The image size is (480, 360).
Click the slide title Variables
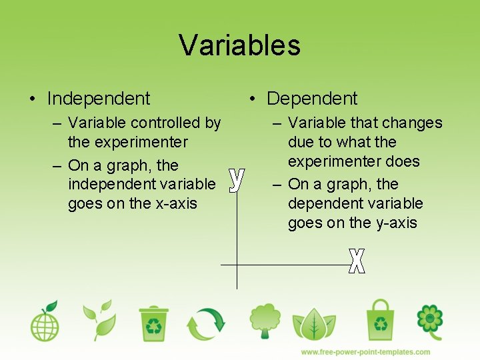click(x=239, y=45)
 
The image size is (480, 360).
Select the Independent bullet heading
click(x=99, y=99)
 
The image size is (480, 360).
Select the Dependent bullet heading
click(x=312, y=99)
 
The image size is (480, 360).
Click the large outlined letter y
click(x=236, y=179)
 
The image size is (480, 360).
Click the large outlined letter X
click(x=357, y=260)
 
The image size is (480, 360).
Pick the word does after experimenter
click(x=404, y=161)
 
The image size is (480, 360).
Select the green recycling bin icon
click(x=154, y=323)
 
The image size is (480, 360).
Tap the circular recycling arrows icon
click(x=206, y=323)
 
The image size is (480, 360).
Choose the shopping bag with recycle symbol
click(x=380, y=320)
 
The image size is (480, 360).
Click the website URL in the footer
click(x=365, y=351)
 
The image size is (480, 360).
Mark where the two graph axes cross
click(x=237, y=265)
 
